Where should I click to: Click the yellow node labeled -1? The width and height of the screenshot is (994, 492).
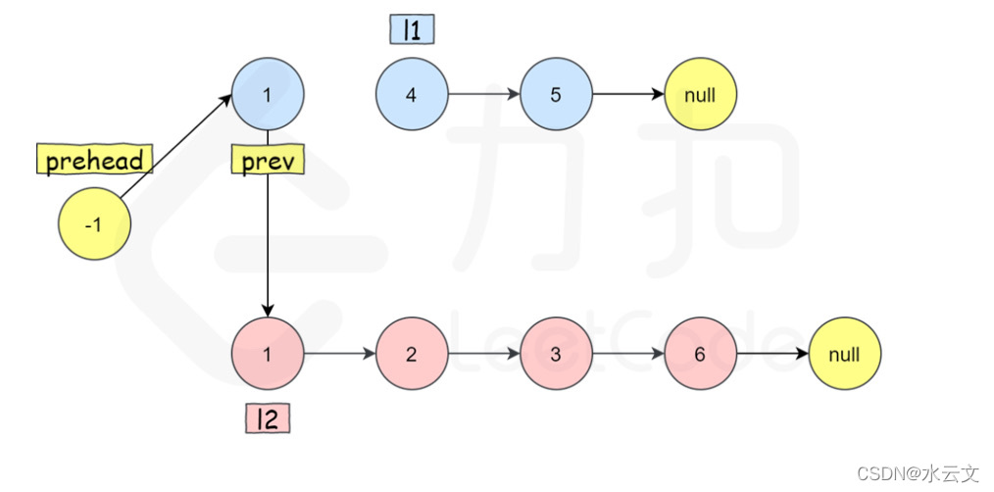[94, 224]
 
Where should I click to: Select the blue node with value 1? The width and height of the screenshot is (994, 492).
[268, 95]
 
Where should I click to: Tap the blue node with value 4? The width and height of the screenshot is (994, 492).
[412, 95]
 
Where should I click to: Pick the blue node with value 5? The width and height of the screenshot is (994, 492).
[556, 95]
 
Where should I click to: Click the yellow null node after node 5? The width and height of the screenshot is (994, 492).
[700, 95]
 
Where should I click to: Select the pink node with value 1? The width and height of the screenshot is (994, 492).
[268, 354]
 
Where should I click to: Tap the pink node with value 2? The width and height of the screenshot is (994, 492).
[412, 354]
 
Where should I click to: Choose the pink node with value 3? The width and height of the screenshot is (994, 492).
[556, 354]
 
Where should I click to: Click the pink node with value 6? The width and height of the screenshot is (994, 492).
[700, 354]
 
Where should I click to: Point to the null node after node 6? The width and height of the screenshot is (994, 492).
[844, 354]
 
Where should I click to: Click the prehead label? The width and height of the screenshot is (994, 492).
[94, 160]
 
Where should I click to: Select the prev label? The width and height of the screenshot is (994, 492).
[267, 160]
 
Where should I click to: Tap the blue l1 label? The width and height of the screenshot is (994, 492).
[412, 29]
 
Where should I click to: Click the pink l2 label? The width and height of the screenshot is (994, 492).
[268, 419]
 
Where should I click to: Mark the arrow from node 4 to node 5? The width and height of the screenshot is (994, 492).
[483, 95]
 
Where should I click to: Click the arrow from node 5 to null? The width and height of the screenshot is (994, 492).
[627, 95]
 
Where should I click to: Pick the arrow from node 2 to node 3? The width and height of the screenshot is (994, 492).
[483, 354]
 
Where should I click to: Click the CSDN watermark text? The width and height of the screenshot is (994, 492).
[918, 473]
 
